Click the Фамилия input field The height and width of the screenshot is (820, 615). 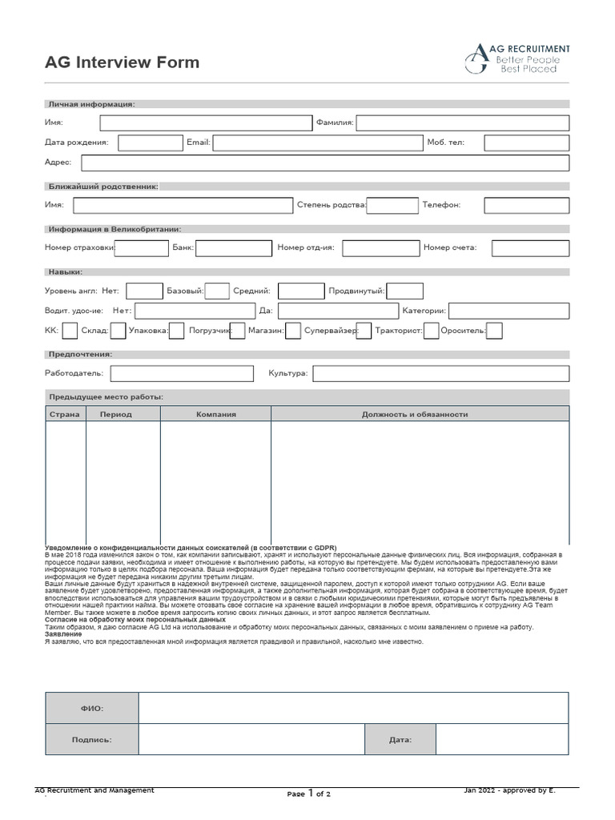(x=462, y=123)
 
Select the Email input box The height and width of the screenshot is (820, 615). (x=316, y=143)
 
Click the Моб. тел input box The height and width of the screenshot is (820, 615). (x=526, y=143)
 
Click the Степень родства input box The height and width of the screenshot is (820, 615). (x=392, y=205)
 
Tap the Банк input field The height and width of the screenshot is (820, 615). (x=223, y=247)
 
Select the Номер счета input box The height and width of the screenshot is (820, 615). (x=530, y=247)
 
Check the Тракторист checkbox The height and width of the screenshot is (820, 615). (x=431, y=331)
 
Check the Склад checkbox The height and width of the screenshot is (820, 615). (x=118, y=331)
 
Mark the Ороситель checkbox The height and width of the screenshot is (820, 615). (x=494, y=331)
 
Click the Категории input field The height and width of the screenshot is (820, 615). (x=508, y=311)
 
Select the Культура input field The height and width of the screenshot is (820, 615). (x=440, y=373)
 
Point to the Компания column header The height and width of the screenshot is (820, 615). (x=215, y=414)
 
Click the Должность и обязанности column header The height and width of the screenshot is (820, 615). (x=414, y=414)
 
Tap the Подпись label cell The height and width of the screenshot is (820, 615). (x=91, y=740)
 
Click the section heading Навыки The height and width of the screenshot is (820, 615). (x=65, y=272)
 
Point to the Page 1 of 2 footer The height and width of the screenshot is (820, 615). (x=308, y=794)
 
